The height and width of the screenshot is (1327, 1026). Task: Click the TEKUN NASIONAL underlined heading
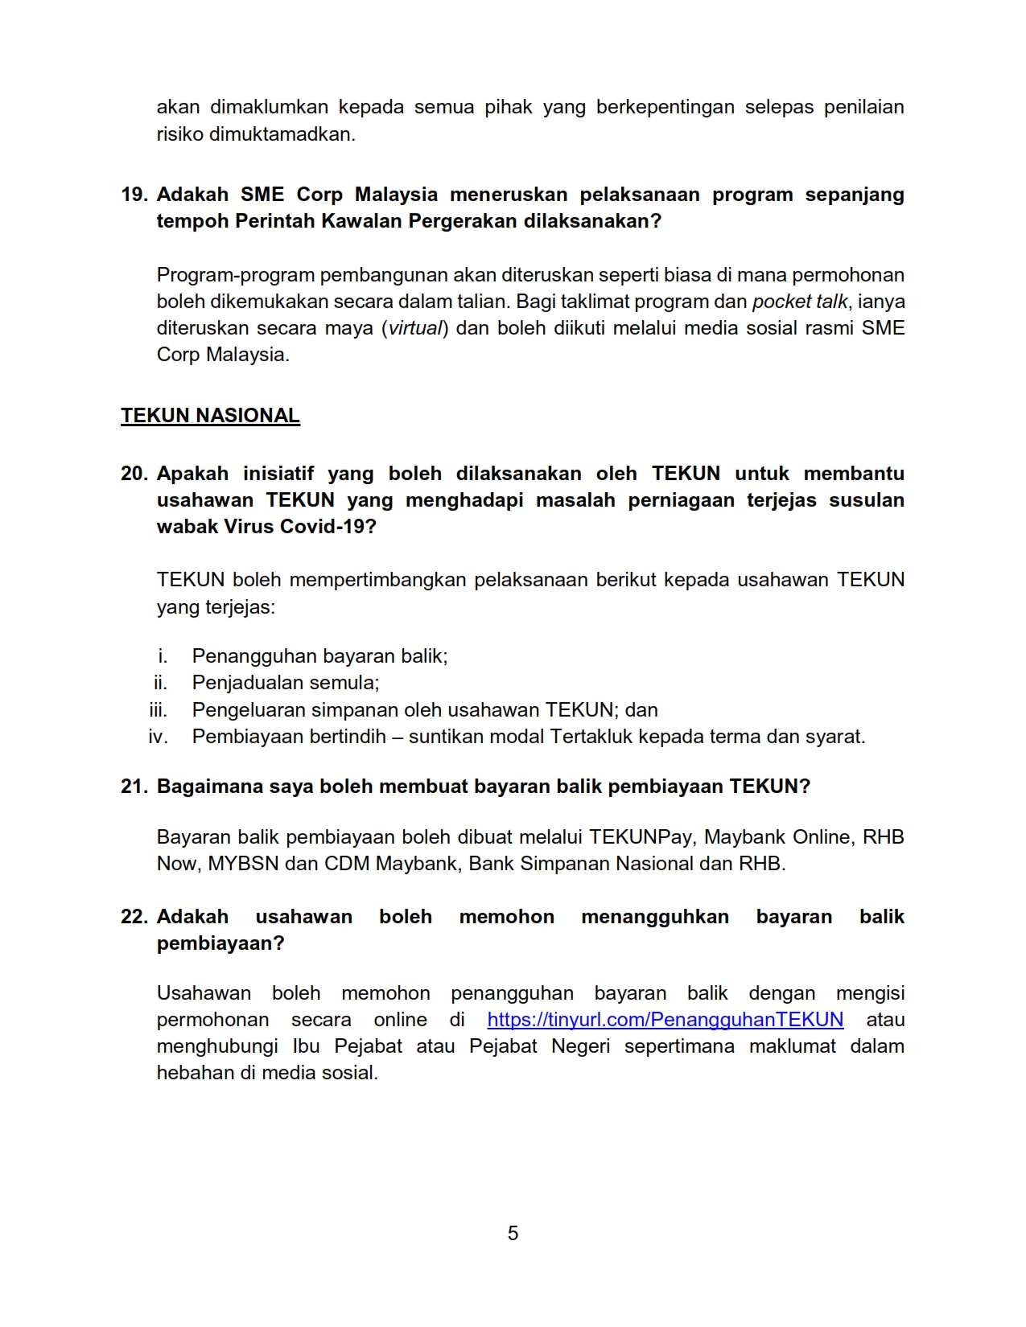(x=210, y=416)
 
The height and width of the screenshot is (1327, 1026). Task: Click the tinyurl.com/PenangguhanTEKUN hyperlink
(x=665, y=1020)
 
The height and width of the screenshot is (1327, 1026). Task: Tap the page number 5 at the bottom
(x=513, y=1233)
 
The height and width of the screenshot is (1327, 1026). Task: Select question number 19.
(x=134, y=195)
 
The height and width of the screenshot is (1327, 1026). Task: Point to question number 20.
(x=134, y=474)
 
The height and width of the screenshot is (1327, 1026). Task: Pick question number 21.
(x=134, y=787)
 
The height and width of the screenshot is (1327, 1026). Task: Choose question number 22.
(x=134, y=917)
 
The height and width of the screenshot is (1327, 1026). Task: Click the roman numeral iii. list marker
(x=159, y=710)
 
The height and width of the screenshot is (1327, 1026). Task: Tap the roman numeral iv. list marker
(x=159, y=737)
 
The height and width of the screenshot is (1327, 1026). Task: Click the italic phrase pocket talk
(x=799, y=302)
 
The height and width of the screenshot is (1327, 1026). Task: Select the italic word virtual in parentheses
(x=415, y=328)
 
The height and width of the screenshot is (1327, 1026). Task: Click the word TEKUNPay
(x=641, y=837)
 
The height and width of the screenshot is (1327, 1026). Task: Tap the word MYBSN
(x=243, y=864)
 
